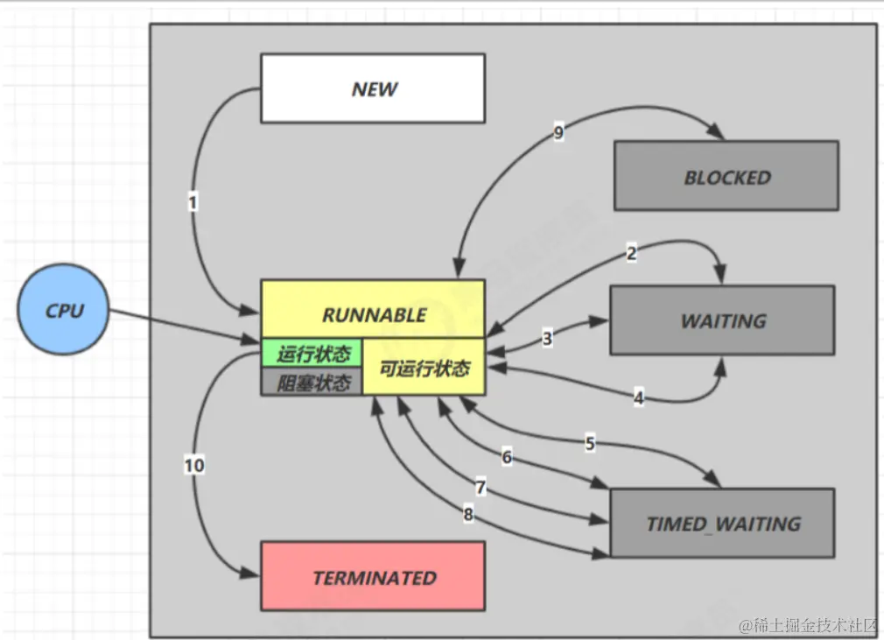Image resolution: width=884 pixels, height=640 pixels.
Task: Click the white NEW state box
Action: (373, 88)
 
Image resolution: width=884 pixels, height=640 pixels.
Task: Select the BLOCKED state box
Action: (726, 177)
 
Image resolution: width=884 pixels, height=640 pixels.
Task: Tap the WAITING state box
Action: (723, 320)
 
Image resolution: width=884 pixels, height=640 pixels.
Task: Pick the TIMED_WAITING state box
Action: (723, 524)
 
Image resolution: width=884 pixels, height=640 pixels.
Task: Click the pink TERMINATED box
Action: (373, 577)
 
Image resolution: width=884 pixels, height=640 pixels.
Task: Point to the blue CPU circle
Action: (64, 310)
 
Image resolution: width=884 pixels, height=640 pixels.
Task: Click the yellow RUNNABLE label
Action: (373, 314)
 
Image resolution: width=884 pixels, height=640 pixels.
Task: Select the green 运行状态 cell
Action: (312, 354)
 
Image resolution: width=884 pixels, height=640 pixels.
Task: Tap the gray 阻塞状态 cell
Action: (312, 383)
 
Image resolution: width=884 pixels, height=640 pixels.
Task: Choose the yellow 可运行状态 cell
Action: (424, 368)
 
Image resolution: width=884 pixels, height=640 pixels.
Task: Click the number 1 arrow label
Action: (193, 202)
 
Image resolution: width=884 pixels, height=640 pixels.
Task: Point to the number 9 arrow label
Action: (558, 133)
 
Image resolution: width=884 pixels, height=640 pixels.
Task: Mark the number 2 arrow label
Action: (631, 254)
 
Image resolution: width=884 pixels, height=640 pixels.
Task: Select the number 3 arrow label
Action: (547, 339)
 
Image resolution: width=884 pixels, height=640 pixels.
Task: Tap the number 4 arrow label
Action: (638, 397)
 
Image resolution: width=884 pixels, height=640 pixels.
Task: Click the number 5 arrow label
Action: (590, 443)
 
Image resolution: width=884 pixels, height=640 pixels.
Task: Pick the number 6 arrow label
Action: (506, 456)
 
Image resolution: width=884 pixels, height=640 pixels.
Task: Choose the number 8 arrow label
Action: (468, 516)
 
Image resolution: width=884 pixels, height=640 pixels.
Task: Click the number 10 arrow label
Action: (194, 466)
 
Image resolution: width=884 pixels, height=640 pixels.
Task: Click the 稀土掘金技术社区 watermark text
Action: (809, 625)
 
